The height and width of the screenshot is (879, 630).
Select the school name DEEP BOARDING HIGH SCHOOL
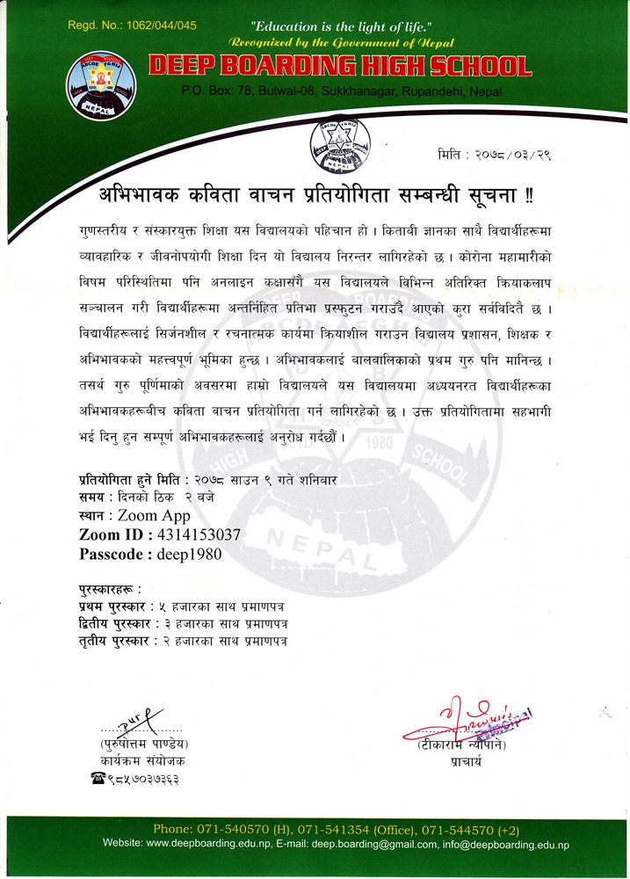340,66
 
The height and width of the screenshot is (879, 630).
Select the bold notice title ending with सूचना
315,193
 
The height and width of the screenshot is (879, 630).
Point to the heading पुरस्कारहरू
109,587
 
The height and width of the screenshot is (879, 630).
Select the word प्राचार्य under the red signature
466,762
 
